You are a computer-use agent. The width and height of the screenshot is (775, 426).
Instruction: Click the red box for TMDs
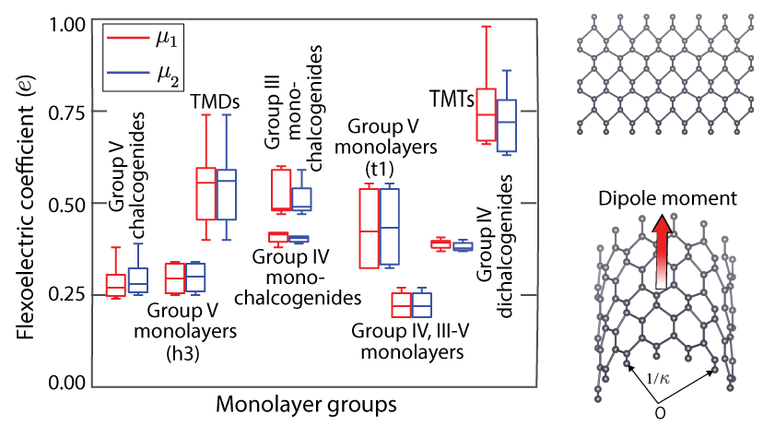[206, 194]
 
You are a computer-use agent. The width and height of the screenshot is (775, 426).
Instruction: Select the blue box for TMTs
[507, 124]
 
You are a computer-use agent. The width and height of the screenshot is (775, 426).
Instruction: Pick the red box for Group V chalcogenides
[116, 285]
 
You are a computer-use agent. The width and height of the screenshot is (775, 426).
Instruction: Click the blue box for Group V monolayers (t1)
[389, 227]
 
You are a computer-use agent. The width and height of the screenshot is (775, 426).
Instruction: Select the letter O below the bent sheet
[659, 412]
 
